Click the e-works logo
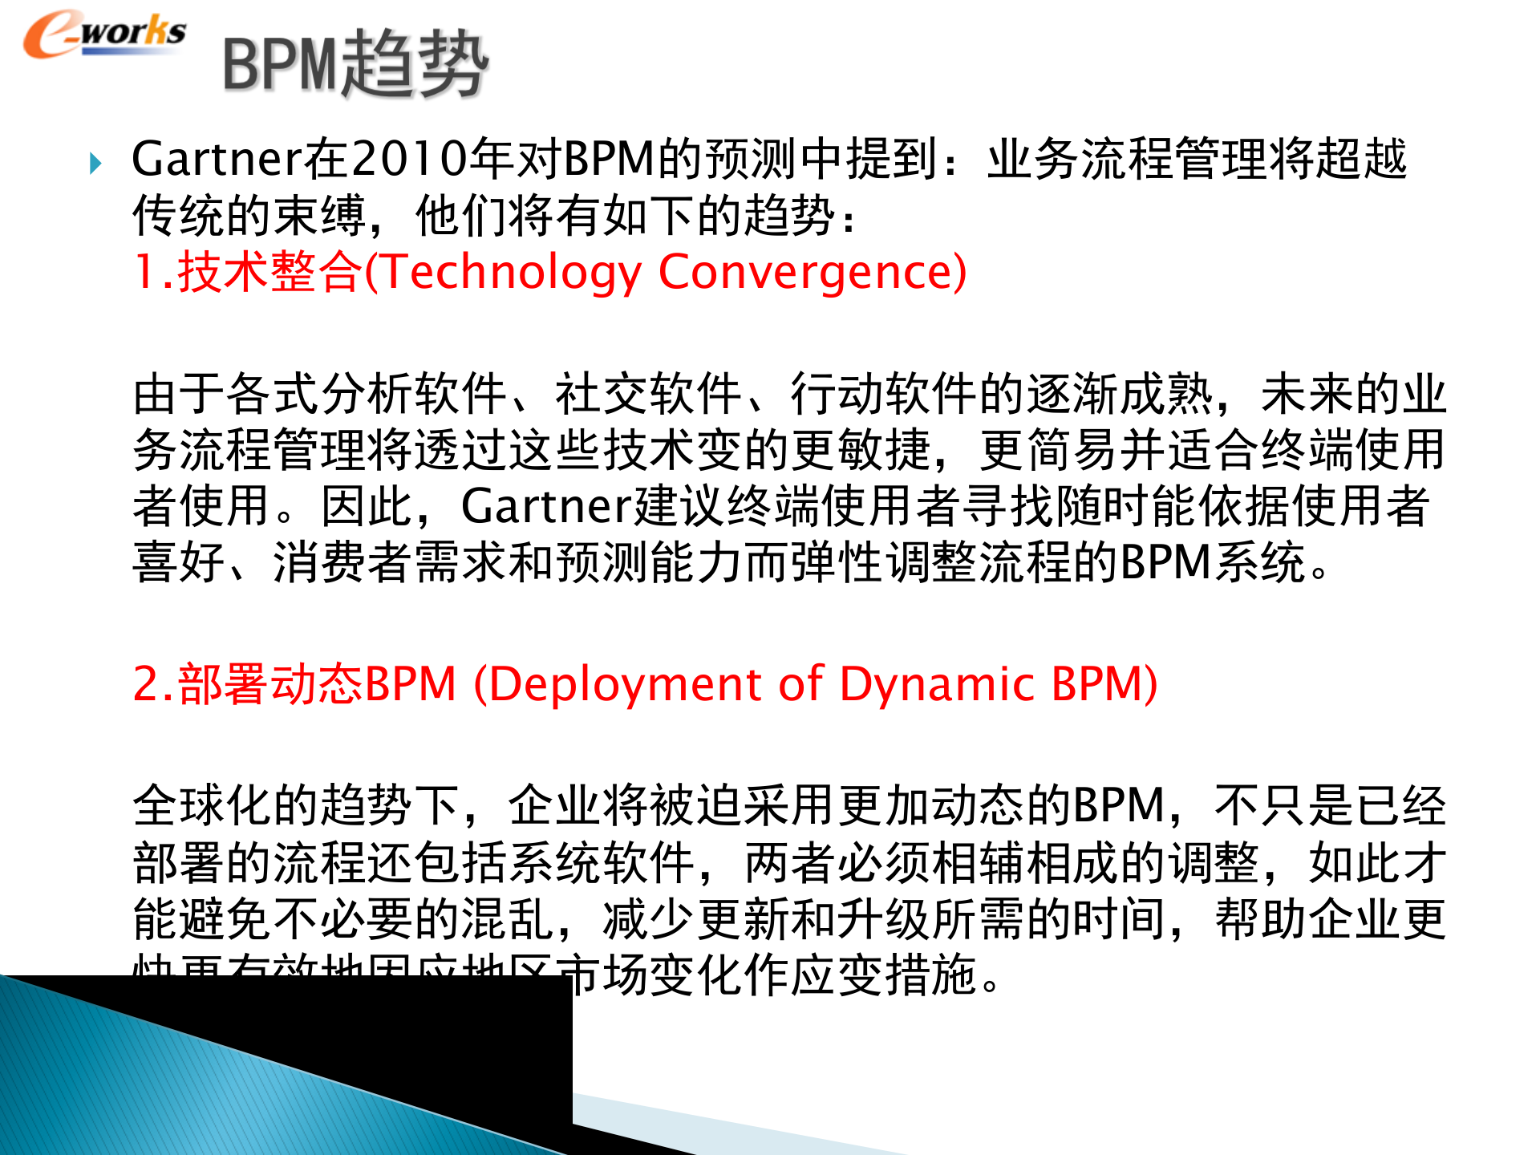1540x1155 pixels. pos(104,34)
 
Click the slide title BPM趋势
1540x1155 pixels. pos(355,64)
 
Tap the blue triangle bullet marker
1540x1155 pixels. pos(95,164)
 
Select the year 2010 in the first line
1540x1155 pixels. pos(409,159)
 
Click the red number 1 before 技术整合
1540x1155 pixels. pos(144,272)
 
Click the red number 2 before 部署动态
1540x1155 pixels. pos(147,684)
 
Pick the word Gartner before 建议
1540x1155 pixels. pos(546,506)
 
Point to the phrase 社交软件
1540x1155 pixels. pos(648,394)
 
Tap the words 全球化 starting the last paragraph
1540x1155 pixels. pos(202,805)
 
